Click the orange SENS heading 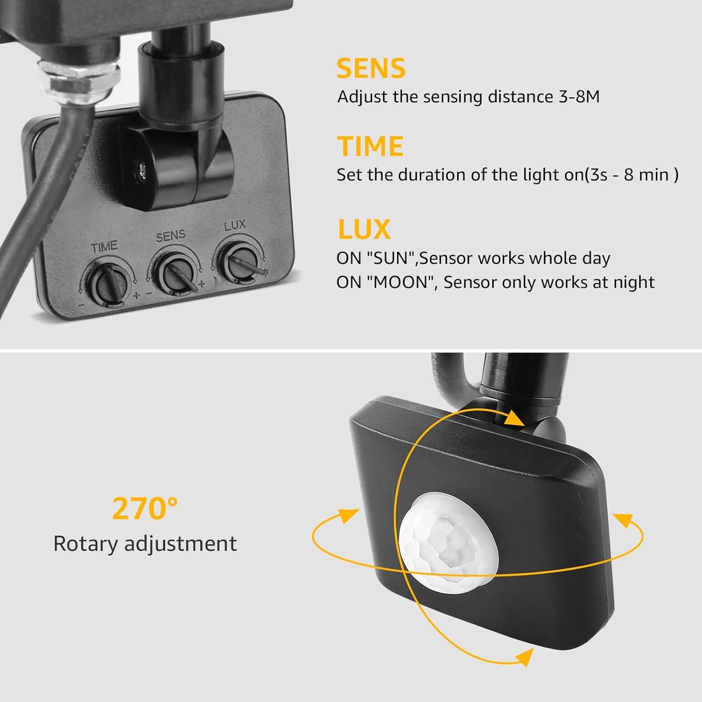(371, 68)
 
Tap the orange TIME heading (370, 147)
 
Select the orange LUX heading (364, 229)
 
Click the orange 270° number (145, 509)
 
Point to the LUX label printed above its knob (235, 225)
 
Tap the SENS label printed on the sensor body (171, 236)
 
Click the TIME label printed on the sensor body (103, 247)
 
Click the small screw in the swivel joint (142, 169)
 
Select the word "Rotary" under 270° (85, 544)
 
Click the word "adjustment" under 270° (181, 544)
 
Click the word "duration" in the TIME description (428, 174)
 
